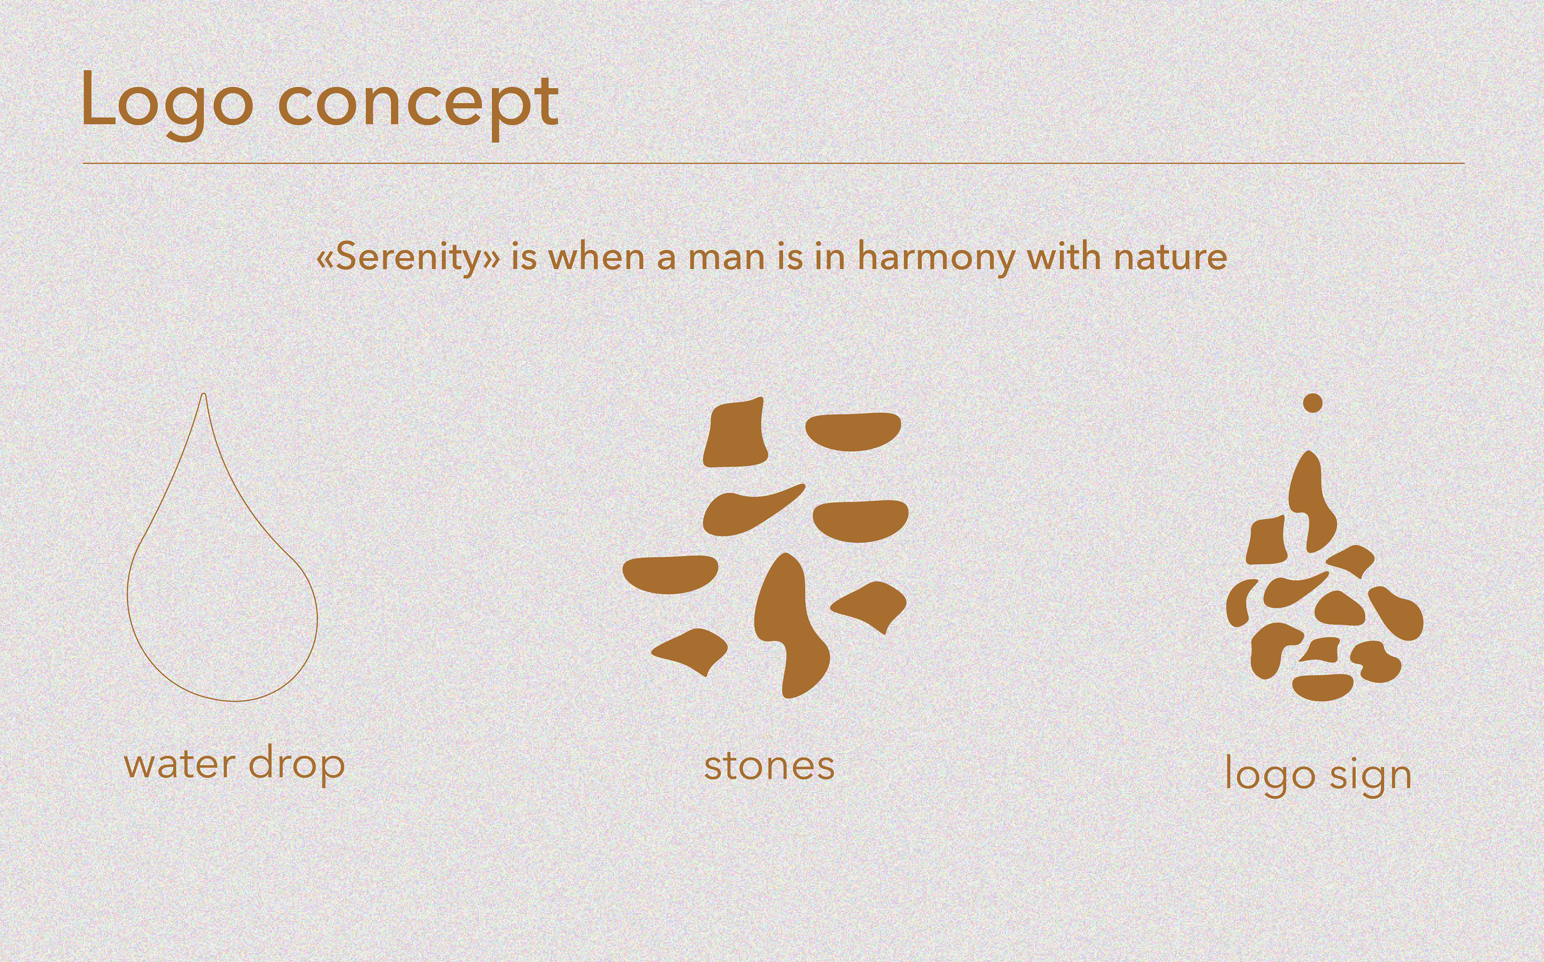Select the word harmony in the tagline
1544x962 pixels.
[936, 257]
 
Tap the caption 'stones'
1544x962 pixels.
[770, 766]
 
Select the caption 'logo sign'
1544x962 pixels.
[1318, 775]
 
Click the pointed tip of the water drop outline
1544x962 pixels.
[204, 394]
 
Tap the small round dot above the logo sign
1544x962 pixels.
[1313, 403]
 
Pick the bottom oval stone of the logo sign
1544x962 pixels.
[1323, 687]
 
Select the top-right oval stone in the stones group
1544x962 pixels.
[854, 432]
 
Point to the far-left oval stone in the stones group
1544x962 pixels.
[670, 574]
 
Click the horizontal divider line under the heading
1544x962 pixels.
[774, 163]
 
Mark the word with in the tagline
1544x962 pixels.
[1064, 257]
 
